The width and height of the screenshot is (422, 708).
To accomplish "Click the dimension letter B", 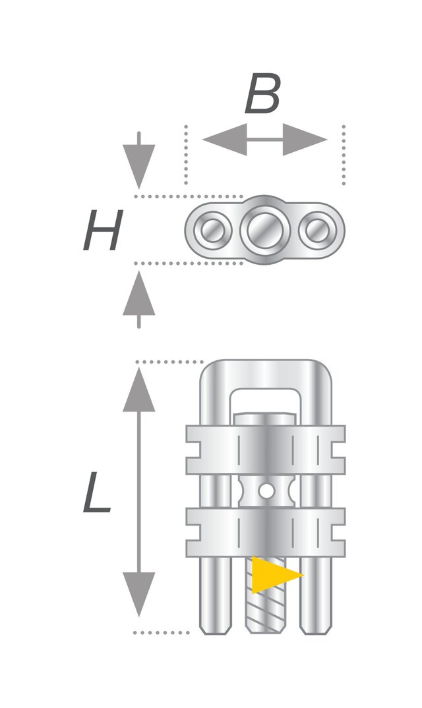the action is pyautogui.click(x=262, y=94).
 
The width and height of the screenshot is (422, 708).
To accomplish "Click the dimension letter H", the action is pyautogui.click(x=103, y=231).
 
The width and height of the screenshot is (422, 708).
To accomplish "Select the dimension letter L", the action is pyautogui.click(x=97, y=492).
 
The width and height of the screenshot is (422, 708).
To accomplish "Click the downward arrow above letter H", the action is pyautogui.click(x=138, y=160).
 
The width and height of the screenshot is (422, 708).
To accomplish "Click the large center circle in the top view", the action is pyautogui.click(x=265, y=230).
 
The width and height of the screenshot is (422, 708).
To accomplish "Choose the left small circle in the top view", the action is pyautogui.click(x=212, y=231).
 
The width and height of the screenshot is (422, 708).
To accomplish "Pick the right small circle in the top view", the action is pyautogui.click(x=317, y=231).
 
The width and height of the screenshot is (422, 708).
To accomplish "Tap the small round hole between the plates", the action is pyautogui.click(x=266, y=491).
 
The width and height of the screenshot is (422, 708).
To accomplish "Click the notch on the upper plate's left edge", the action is pyautogui.click(x=193, y=450).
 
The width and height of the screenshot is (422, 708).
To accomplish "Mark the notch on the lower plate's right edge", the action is pyautogui.click(x=338, y=532).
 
